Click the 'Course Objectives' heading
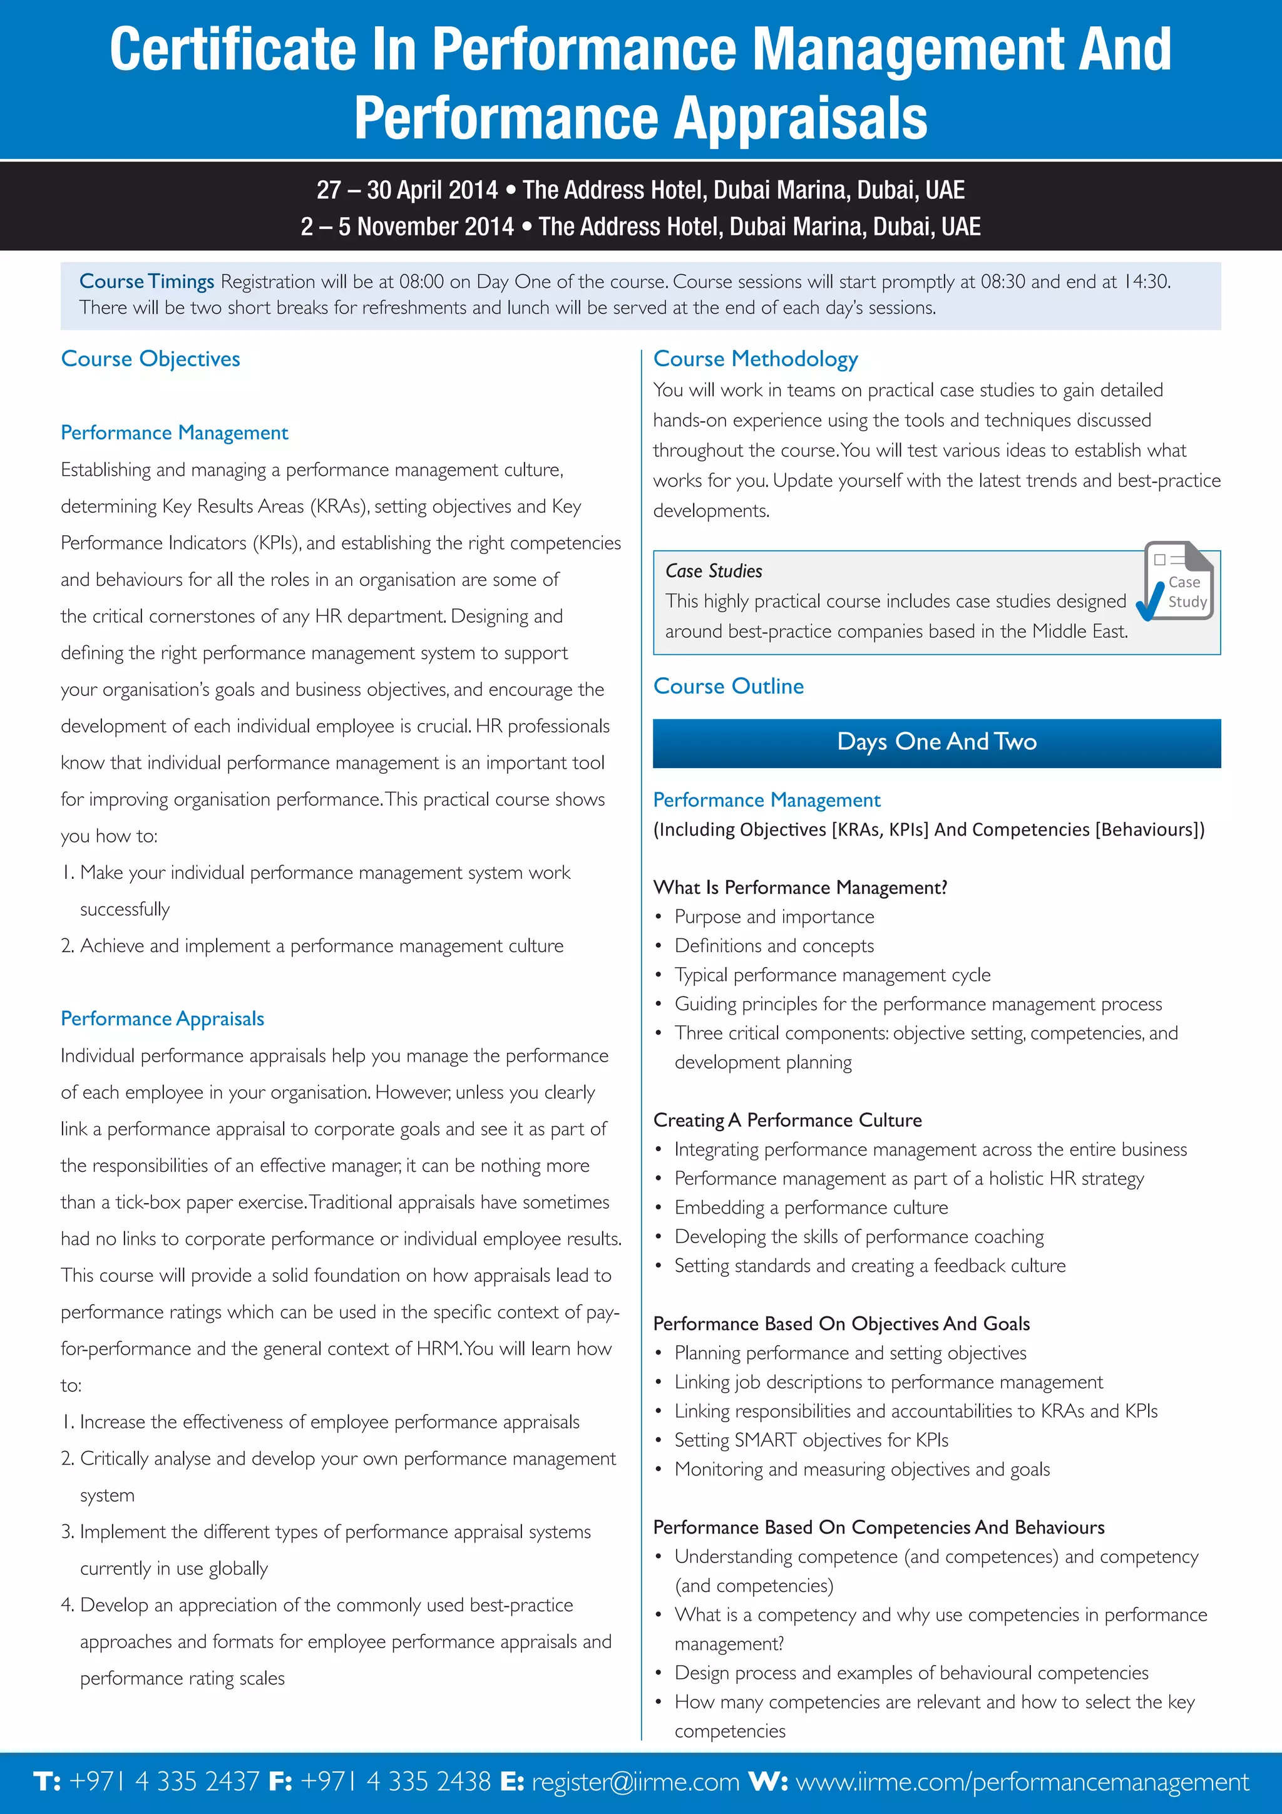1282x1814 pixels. [150, 359]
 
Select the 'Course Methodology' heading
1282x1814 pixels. [755, 359]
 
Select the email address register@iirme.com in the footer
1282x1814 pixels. [635, 1781]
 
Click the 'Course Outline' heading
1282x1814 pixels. [728, 686]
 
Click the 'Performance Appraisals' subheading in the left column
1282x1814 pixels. [162, 1018]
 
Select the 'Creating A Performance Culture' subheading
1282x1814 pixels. [787, 1120]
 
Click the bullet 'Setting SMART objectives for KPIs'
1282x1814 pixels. [811, 1440]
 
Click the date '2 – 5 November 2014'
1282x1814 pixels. [407, 227]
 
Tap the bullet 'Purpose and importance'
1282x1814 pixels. [774, 916]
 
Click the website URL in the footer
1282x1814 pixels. [1022, 1781]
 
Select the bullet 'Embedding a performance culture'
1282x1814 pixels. [811, 1207]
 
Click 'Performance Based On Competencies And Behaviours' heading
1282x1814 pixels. [878, 1527]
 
